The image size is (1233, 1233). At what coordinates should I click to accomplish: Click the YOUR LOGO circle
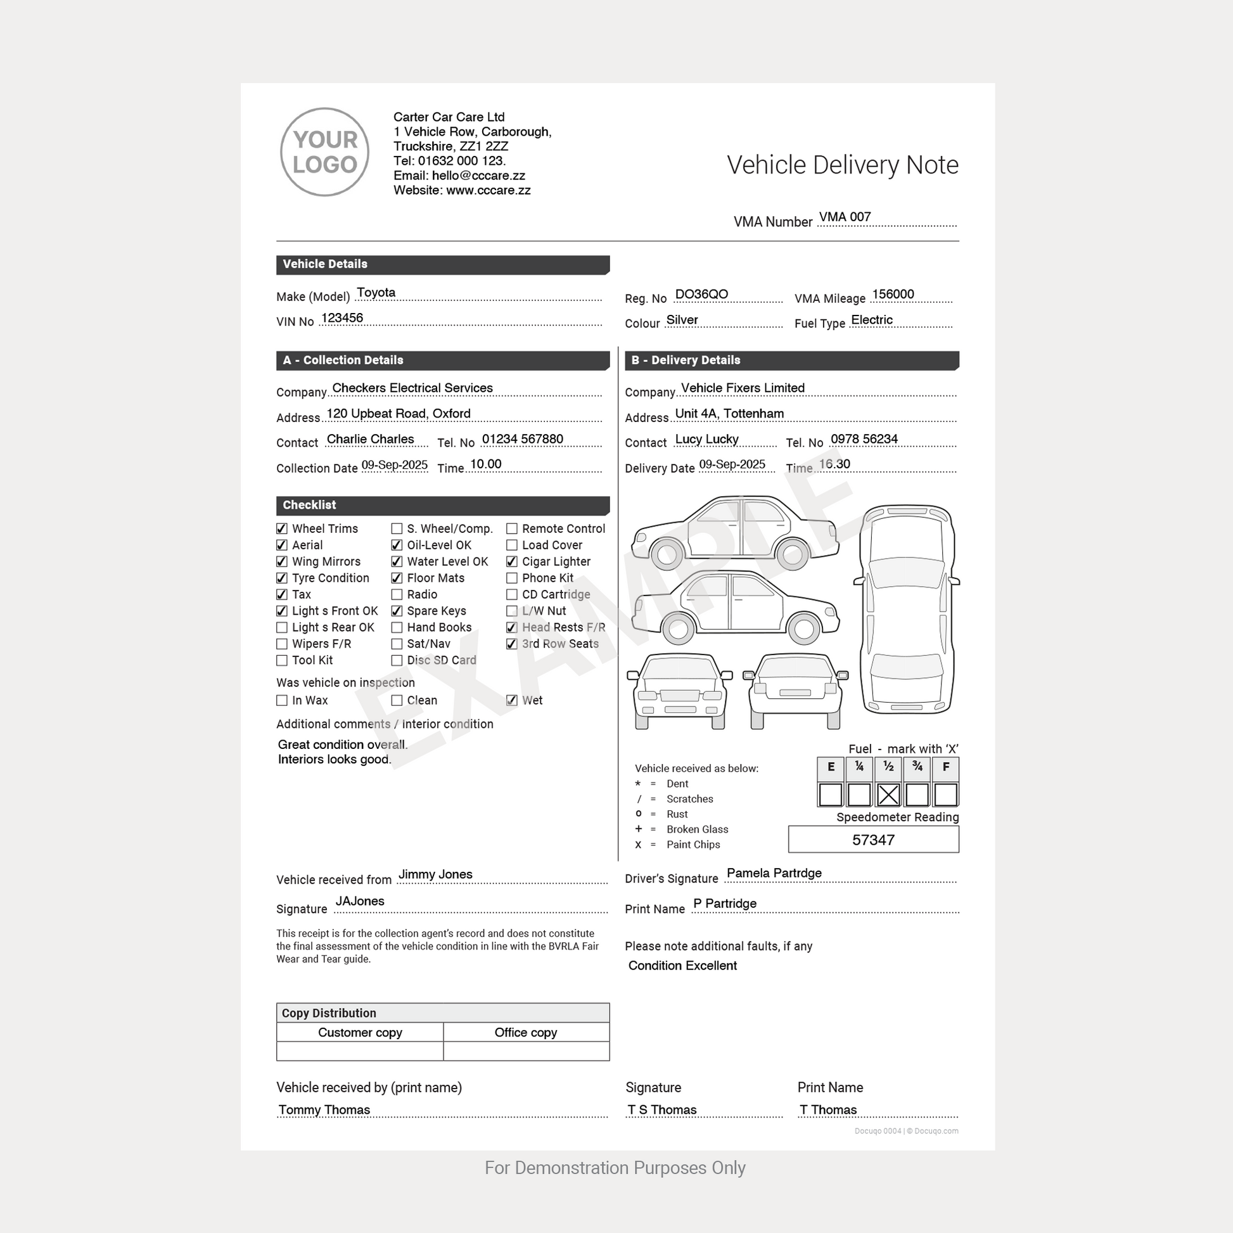[x=324, y=152]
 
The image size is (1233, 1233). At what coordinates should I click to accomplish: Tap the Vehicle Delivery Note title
[x=843, y=165]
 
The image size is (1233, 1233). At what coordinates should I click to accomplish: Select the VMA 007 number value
[x=845, y=217]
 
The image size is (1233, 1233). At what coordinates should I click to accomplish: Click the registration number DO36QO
[x=701, y=294]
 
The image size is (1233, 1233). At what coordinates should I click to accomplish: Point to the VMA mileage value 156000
[x=893, y=294]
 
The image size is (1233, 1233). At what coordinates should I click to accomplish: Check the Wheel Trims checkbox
[x=281, y=528]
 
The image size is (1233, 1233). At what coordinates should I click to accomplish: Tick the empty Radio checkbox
[x=397, y=595]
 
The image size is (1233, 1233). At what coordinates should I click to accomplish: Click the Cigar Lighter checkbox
[x=512, y=561]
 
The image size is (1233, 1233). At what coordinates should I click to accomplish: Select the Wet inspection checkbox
[x=512, y=700]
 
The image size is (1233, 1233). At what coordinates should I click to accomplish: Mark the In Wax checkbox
[x=281, y=700]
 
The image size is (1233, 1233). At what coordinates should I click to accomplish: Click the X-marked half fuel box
[x=888, y=795]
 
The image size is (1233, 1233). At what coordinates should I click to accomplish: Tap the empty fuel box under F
[x=946, y=795]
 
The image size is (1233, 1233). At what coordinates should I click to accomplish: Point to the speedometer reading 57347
[x=873, y=840]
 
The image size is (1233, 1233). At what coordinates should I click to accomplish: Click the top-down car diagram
[x=906, y=610]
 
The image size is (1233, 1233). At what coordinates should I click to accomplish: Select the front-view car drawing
[x=680, y=691]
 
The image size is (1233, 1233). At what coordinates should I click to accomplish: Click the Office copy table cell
[x=526, y=1033]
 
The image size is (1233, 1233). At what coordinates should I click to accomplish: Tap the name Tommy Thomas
[x=324, y=1110]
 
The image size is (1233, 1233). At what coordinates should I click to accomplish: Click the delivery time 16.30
[x=834, y=464]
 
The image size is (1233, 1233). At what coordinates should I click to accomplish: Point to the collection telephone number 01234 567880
[x=522, y=439]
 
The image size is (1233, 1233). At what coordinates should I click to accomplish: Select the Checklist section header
[x=442, y=505]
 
